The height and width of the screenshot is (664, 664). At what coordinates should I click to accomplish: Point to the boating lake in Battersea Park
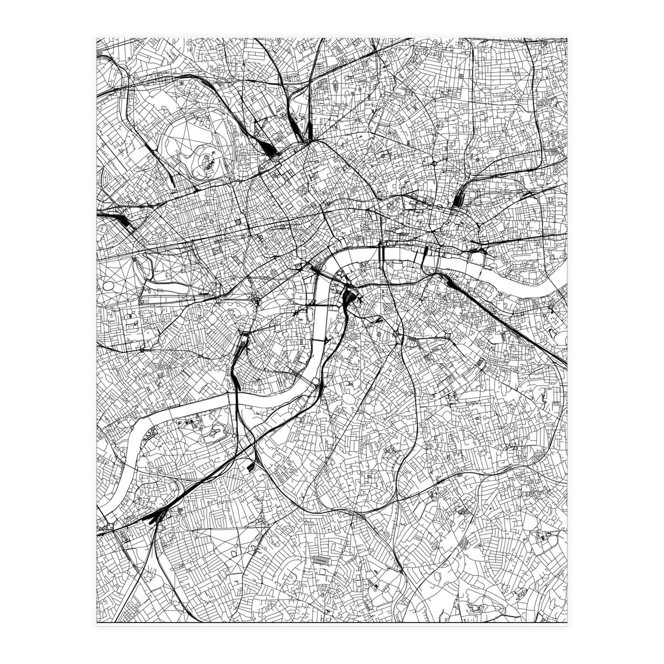tap(213, 434)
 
